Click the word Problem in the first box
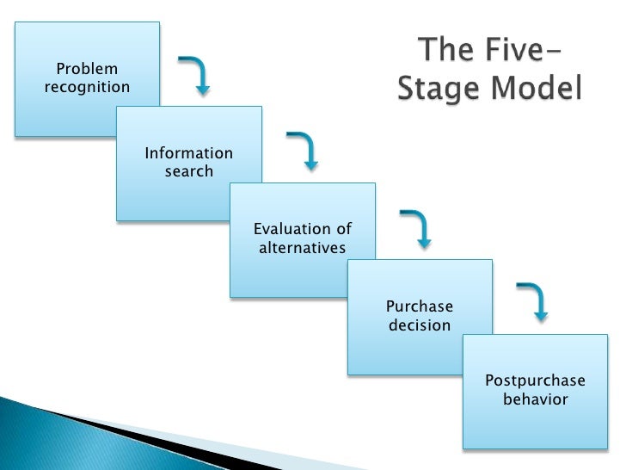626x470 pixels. (87, 69)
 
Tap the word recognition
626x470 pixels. (87, 87)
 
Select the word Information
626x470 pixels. (188, 153)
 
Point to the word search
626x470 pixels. (188, 171)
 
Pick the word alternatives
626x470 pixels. (302, 248)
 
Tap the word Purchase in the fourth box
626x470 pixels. (419, 306)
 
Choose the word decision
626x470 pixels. (419, 325)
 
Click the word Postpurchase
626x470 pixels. (535, 380)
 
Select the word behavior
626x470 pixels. (535, 399)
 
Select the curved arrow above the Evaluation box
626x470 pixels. (303, 150)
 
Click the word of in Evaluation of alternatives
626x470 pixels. (343, 229)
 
